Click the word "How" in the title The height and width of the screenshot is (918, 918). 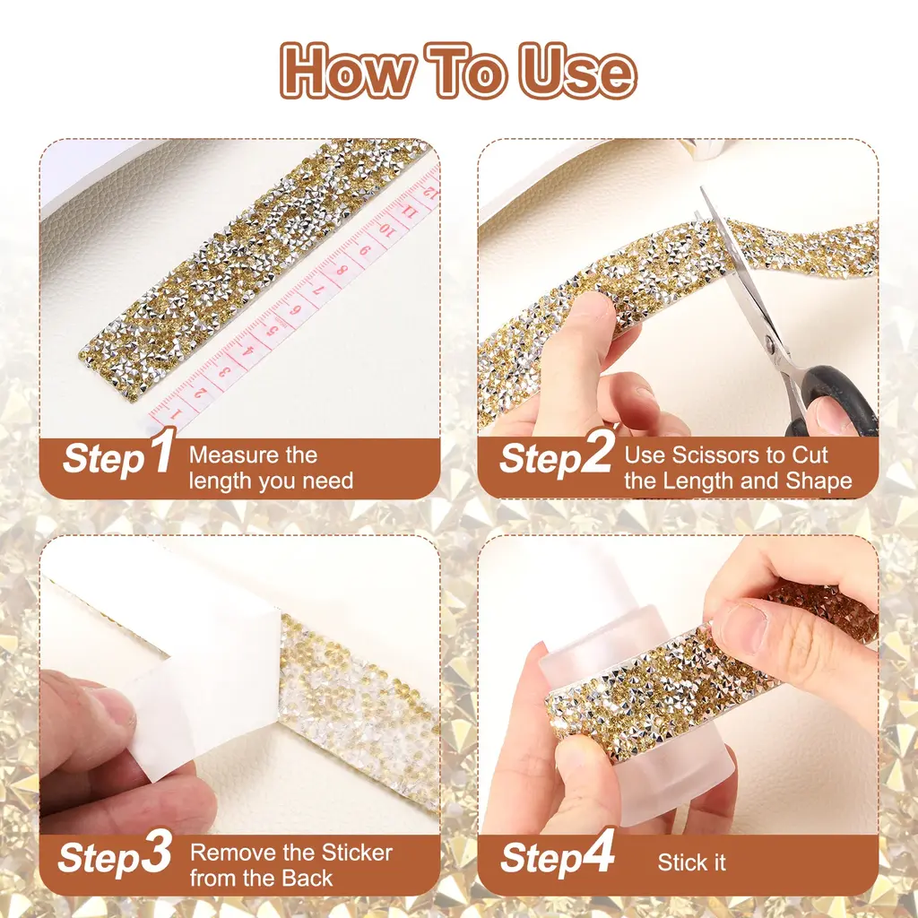345,70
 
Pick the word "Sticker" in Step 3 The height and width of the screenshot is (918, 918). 358,853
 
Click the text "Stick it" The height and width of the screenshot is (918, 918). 691,862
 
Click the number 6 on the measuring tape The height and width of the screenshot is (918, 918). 296,309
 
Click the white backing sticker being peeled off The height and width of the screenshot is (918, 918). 194,673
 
